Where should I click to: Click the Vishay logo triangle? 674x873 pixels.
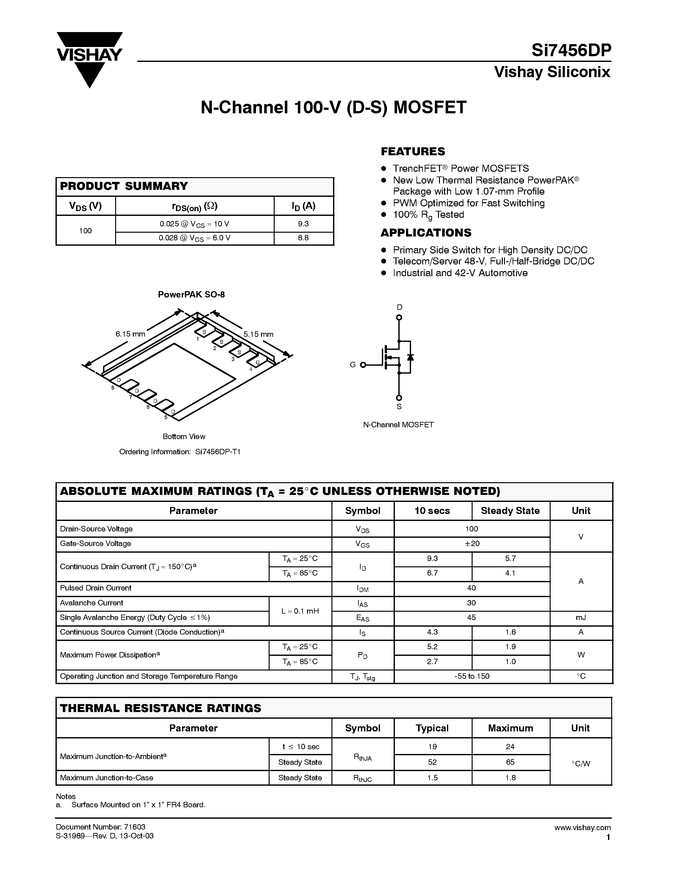pyautogui.click(x=89, y=60)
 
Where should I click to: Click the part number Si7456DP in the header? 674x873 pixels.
pyautogui.click(x=571, y=51)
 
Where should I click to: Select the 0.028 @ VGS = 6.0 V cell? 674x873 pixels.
pyautogui.click(x=194, y=238)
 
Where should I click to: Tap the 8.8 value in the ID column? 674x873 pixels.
pyautogui.click(x=304, y=238)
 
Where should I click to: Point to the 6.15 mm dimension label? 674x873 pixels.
pyautogui.click(x=130, y=334)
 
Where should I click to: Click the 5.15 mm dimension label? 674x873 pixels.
pyautogui.click(x=258, y=335)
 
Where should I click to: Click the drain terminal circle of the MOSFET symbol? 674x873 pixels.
pyautogui.click(x=399, y=318)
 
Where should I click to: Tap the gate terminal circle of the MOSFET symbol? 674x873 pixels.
pyautogui.click(x=363, y=364)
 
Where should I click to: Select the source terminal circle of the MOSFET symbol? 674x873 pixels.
pyautogui.click(x=399, y=398)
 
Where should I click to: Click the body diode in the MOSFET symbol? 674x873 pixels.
pyautogui.click(x=410, y=357)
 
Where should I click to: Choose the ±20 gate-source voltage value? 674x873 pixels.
pyautogui.click(x=472, y=543)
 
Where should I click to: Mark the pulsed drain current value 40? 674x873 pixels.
pyautogui.click(x=472, y=588)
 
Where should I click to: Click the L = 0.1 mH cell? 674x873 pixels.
pyautogui.click(x=300, y=611)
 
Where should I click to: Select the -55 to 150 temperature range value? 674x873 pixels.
pyautogui.click(x=472, y=676)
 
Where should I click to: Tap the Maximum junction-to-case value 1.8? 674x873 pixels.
pyautogui.click(x=510, y=777)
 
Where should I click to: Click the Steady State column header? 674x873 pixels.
pyautogui.click(x=510, y=511)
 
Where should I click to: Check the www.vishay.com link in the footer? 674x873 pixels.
pyautogui.click(x=582, y=827)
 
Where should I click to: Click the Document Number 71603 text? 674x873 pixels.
pyautogui.click(x=101, y=827)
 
